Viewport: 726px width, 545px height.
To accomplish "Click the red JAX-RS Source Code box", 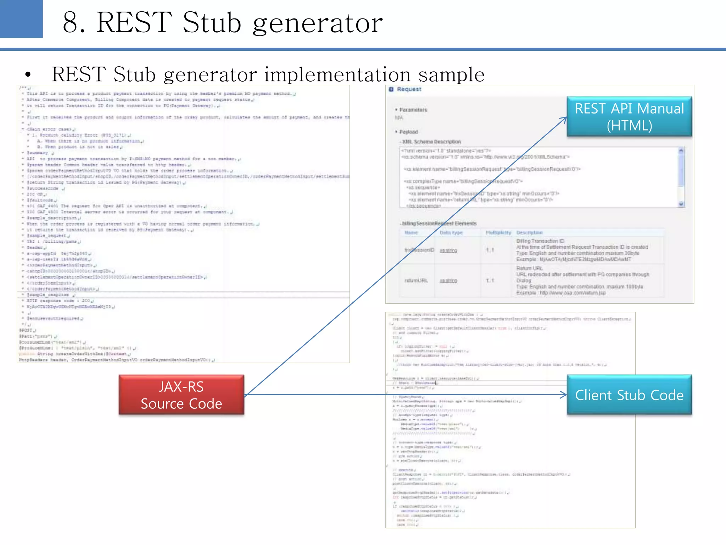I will [x=181, y=395].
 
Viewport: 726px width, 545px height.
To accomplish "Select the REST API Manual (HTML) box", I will [x=629, y=117].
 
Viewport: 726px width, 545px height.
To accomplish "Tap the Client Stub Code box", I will [x=629, y=395].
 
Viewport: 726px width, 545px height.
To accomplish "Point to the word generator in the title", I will [x=318, y=24].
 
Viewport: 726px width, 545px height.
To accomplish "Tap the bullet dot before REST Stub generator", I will [x=28, y=75].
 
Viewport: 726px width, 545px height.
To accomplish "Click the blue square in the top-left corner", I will [x=21, y=18].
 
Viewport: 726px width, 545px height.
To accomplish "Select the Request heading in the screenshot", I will [x=409, y=89].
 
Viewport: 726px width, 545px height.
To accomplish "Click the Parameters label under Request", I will [x=413, y=110].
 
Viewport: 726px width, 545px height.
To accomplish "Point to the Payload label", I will [x=408, y=132].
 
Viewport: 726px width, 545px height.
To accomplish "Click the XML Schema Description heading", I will [x=431, y=142].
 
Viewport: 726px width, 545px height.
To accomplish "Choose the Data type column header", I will [x=451, y=233].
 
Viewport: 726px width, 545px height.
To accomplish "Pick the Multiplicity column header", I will [x=498, y=233].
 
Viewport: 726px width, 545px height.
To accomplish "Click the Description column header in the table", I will [x=529, y=233].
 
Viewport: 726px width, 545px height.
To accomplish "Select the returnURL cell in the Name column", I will [x=416, y=281].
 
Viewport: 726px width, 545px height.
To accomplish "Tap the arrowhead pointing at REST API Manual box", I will [x=564, y=120].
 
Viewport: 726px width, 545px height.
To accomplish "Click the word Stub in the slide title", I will [x=212, y=23].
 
